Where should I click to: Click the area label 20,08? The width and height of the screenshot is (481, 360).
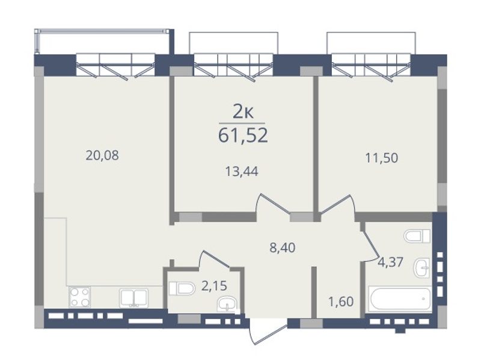tap(102, 156)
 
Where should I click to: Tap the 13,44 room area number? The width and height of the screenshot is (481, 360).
tap(242, 171)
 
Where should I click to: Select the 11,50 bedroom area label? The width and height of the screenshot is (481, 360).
tap(382, 158)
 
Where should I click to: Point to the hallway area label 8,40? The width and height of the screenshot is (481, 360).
tap(283, 248)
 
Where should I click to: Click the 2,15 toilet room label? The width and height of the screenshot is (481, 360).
tap(214, 286)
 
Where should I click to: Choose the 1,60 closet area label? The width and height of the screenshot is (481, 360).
tap(341, 302)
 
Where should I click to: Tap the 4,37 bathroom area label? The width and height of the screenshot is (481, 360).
tap(390, 263)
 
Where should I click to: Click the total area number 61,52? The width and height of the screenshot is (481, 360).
tap(243, 136)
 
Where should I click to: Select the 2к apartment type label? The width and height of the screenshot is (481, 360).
tap(243, 112)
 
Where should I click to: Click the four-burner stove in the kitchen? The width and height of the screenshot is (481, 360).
tap(80, 297)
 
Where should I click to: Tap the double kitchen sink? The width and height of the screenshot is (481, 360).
tap(133, 297)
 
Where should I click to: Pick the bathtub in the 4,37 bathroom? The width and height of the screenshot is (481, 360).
tap(400, 299)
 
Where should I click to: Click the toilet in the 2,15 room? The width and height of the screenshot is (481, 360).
tap(182, 288)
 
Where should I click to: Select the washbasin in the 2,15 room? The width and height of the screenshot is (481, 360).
tap(227, 304)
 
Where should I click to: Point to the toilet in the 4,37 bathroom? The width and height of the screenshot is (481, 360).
tap(417, 236)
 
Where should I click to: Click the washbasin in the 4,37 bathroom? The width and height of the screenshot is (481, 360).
tap(422, 267)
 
